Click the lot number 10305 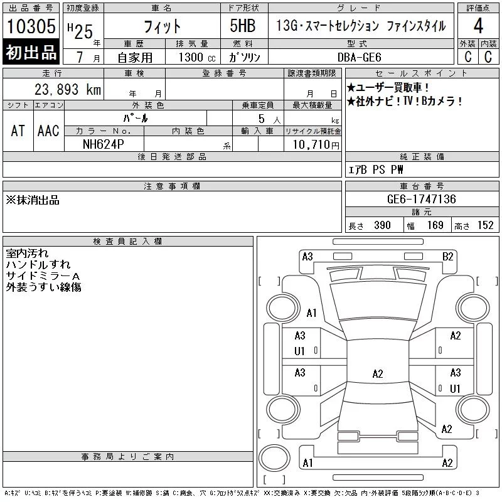(31, 26)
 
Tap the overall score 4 (478, 26)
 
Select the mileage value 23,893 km (68, 89)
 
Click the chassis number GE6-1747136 (421, 199)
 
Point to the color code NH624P (104, 144)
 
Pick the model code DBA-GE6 (360, 57)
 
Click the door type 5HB (243, 26)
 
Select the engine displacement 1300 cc (197, 57)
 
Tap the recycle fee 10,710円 (316, 145)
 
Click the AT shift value (18, 131)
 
